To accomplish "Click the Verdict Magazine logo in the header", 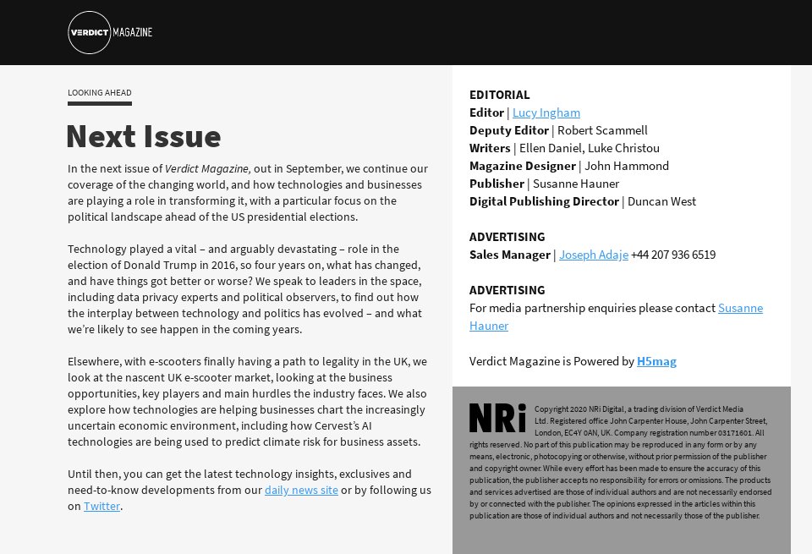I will pyautogui.click(x=109, y=33).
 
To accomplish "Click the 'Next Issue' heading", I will pyautogui.click(x=143, y=136).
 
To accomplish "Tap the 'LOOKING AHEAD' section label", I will pyautogui.click(x=100, y=93).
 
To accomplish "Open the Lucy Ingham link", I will pyautogui.click(x=546, y=112).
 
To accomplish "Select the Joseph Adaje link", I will pyautogui.click(x=593, y=255).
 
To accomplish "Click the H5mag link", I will pyautogui.click(x=656, y=361).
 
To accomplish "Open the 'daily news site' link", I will pyautogui.click(x=301, y=490).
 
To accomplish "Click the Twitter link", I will pyautogui.click(x=101, y=506).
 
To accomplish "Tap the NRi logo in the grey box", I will pyautogui.click(x=497, y=418).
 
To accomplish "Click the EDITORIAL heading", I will pyautogui.click(x=499, y=95).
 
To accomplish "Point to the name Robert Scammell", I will pyautogui.click(x=602, y=130).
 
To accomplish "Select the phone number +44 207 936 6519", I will pyautogui.click(x=673, y=255).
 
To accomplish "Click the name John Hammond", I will pyautogui.click(x=626, y=166).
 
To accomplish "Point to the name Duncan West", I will pyautogui.click(x=661, y=201).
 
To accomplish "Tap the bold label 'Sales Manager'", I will pyautogui.click(x=509, y=255).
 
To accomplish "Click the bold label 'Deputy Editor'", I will pyautogui.click(x=508, y=130).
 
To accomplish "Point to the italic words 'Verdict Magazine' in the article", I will pyautogui.click(x=206, y=168).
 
